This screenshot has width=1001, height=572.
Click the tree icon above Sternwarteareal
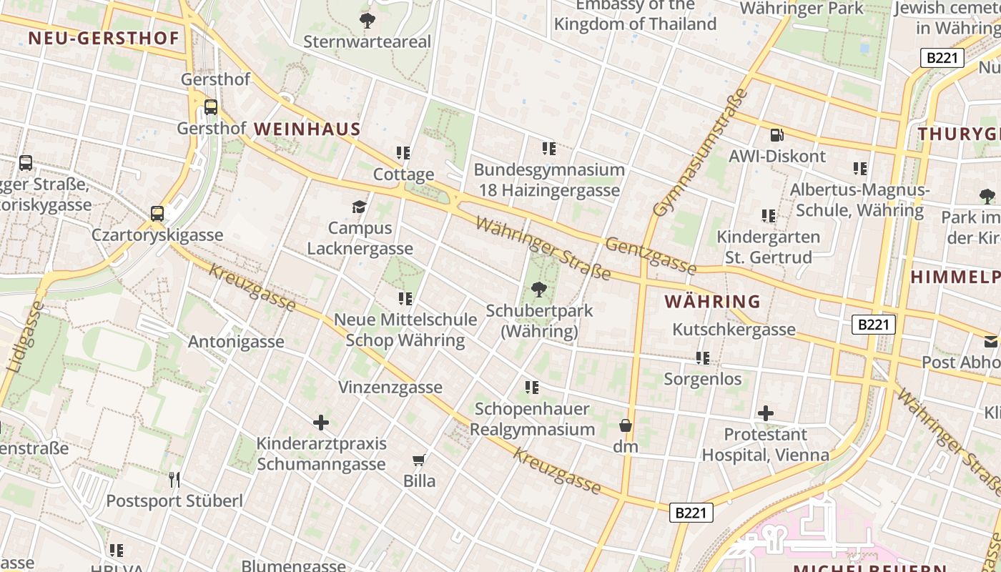point(368,20)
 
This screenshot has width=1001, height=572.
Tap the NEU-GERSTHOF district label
point(104,38)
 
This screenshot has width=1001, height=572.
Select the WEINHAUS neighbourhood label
point(307,129)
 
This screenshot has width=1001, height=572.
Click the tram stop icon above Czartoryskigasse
point(157,213)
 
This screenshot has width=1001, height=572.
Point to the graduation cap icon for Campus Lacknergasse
point(359,207)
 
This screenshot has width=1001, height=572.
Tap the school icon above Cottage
point(403,152)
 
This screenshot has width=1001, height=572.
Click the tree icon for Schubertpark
point(538,290)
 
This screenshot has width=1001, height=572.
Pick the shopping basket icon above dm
point(626,425)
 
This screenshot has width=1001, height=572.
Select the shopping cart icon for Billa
point(419,460)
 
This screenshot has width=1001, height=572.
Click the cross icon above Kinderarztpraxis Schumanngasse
point(321,423)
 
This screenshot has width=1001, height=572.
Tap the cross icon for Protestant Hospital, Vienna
point(766,413)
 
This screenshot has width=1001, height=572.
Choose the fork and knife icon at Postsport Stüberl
point(174,479)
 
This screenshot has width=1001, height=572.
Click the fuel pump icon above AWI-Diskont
point(776,134)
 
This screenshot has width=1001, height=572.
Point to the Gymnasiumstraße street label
point(701,152)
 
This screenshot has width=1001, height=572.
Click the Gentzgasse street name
point(651,256)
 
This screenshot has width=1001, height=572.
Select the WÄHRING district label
point(712,302)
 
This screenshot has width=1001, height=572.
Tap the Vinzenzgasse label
point(390,388)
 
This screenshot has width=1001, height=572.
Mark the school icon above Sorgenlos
point(703,357)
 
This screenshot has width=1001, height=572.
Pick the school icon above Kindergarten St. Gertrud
point(769,215)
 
